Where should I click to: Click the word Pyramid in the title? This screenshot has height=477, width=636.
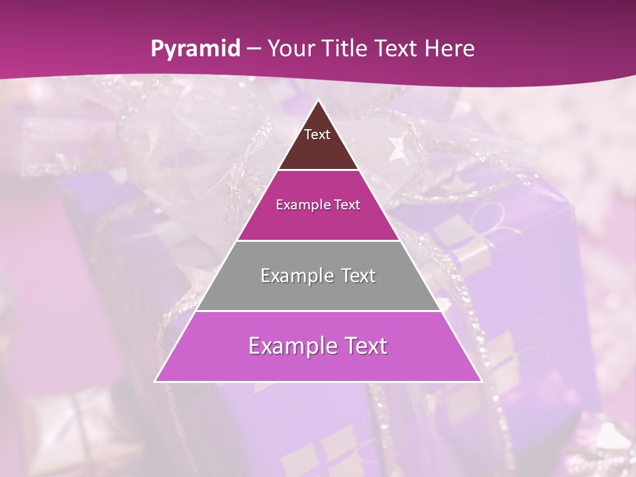[x=195, y=49]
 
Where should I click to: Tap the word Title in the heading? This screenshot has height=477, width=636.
[x=345, y=49]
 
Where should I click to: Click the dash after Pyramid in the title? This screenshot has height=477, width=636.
[x=254, y=49]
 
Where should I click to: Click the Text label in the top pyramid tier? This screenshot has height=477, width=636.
[x=317, y=134]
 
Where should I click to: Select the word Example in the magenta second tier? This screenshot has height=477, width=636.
[x=302, y=205]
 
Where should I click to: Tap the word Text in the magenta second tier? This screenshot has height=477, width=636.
[x=345, y=205]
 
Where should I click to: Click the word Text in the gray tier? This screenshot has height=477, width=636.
[x=356, y=276]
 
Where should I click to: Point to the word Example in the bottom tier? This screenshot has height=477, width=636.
[x=292, y=346]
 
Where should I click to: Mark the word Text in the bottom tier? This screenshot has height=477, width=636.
[x=364, y=346]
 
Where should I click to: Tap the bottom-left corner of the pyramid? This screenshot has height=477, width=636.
[x=156, y=381]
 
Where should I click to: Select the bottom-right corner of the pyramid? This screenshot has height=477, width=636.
[x=481, y=381]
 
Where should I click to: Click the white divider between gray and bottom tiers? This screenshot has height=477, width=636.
[x=318, y=311]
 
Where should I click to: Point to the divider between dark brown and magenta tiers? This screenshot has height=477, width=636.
[x=318, y=170]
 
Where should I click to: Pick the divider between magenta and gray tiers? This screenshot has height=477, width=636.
[x=318, y=240]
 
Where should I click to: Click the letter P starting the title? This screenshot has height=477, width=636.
[x=157, y=49]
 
